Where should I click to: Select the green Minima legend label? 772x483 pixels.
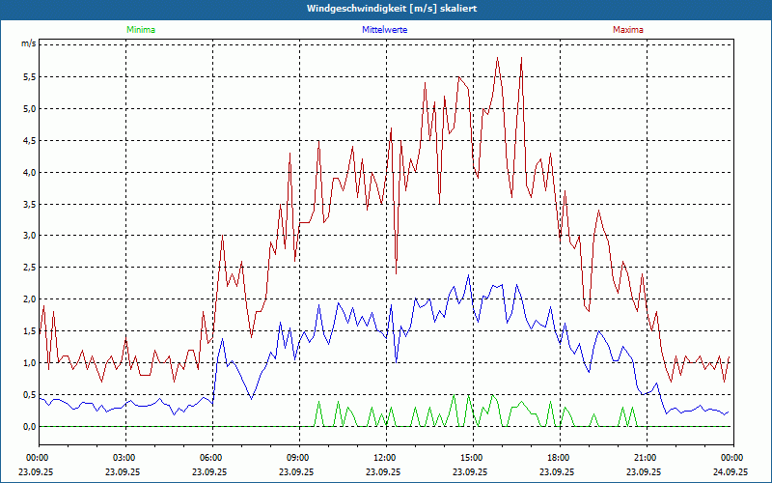click(x=139, y=30)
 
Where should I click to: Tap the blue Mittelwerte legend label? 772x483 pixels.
click(x=384, y=30)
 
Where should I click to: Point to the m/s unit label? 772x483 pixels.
click(x=28, y=44)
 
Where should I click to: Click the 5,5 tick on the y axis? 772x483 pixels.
click(x=28, y=76)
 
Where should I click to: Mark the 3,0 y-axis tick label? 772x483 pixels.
click(x=28, y=236)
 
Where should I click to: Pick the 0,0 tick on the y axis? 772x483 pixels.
click(x=28, y=426)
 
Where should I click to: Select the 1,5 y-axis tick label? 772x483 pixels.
click(x=28, y=330)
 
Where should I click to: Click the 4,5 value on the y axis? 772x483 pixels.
click(x=28, y=140)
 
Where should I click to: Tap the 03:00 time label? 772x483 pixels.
click(x=125, y=457)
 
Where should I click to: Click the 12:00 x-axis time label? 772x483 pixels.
click(x=385, y=457)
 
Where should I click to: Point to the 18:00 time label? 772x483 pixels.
click(x=559, y=457)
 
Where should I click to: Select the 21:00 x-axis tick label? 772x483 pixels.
click(x=646, y=457)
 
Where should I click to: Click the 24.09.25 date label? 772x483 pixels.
click(x=732, y=471)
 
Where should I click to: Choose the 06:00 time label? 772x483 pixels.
click(x=211, y=457)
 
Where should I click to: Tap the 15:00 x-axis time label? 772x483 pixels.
click(x=472, y=457)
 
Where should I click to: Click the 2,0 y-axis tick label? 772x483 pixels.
click(x=28, y=298)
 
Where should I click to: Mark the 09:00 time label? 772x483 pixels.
click(x=298, y=457)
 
